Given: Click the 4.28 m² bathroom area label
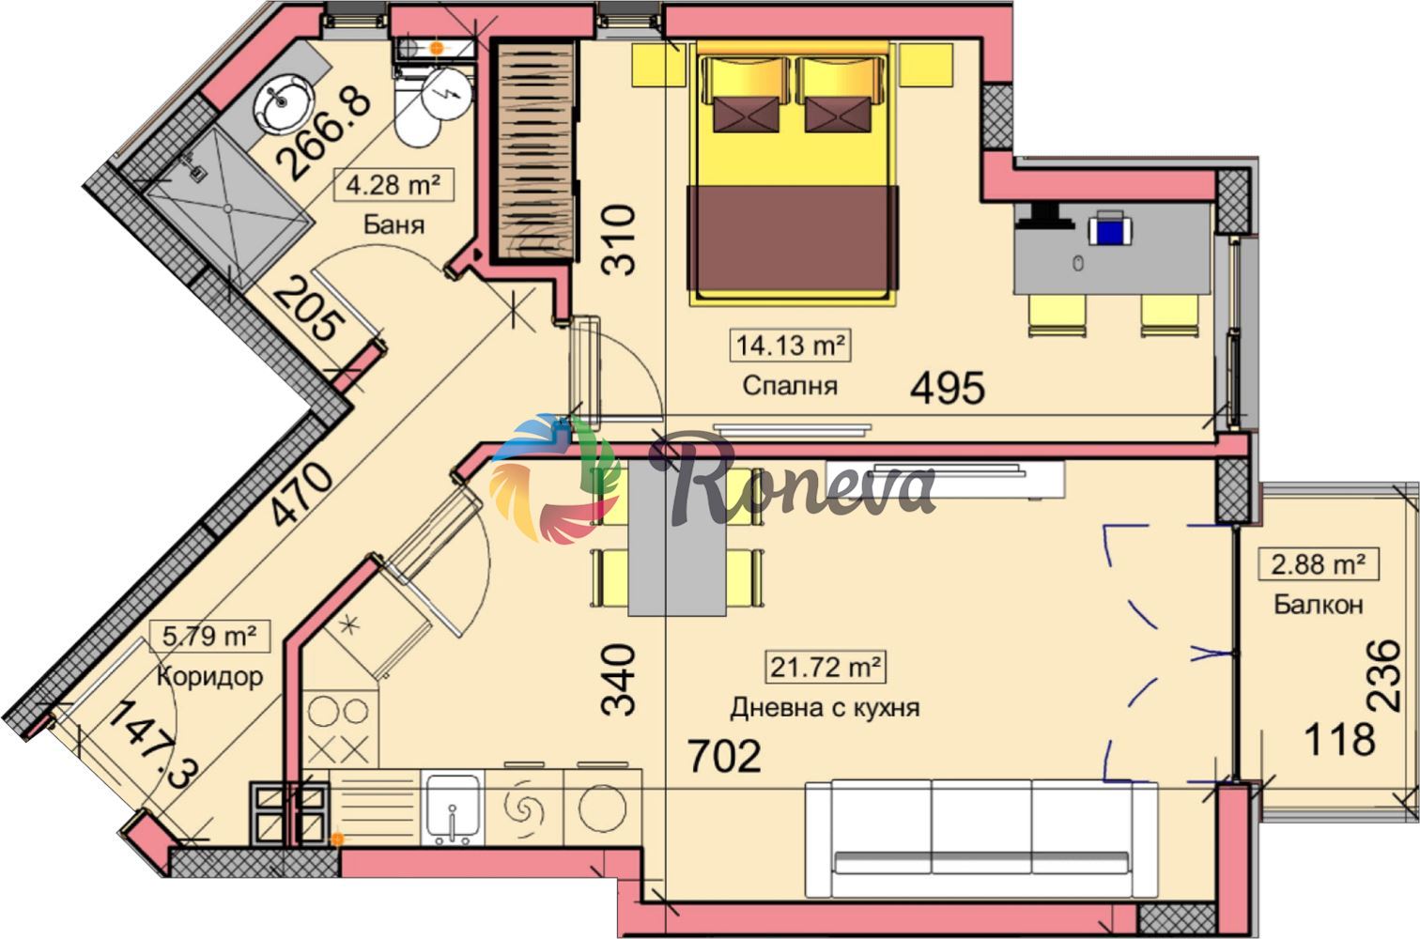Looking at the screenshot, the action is (x=394, y=185).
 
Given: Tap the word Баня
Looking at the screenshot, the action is (x=394, y=224).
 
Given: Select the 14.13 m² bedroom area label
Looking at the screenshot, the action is (x=790, y=346).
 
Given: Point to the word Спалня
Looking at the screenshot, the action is (x=790, y=386).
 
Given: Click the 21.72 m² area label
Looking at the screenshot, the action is (x=826, y=667).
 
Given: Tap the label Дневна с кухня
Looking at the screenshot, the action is (x=825, y=708).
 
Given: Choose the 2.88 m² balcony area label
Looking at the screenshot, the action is (x=1319, y=563).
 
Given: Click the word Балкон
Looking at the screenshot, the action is (x=1319, y=604).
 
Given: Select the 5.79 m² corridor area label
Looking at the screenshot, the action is (x=209, y=636).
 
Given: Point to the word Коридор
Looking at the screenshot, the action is (x=209, y=676).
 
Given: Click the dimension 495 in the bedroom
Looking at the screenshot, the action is (x=948, y=388).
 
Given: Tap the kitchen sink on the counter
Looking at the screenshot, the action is (x=452, y=808).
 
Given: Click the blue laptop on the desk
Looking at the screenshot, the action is (x=1111, y=229).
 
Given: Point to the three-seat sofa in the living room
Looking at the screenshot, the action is (x=981, y=839).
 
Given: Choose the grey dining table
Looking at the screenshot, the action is (x=676, y=538).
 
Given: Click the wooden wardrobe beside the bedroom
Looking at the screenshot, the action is (x=536, y=150).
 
